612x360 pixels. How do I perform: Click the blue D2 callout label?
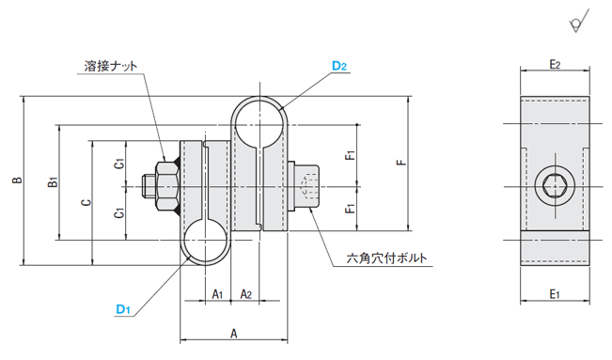point(339,66)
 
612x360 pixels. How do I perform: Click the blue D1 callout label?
point(123,309)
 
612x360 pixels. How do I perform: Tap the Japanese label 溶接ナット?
point(111,66)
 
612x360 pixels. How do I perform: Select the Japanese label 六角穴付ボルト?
point(386,258)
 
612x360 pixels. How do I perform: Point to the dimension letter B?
point(17,180)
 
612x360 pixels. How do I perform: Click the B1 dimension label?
point(53,182)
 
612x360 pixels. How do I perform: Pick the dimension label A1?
point(217,294)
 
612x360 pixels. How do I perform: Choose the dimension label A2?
point(246,294)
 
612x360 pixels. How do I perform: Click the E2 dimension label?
point(555,65)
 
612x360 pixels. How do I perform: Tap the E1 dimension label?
point(555,294)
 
